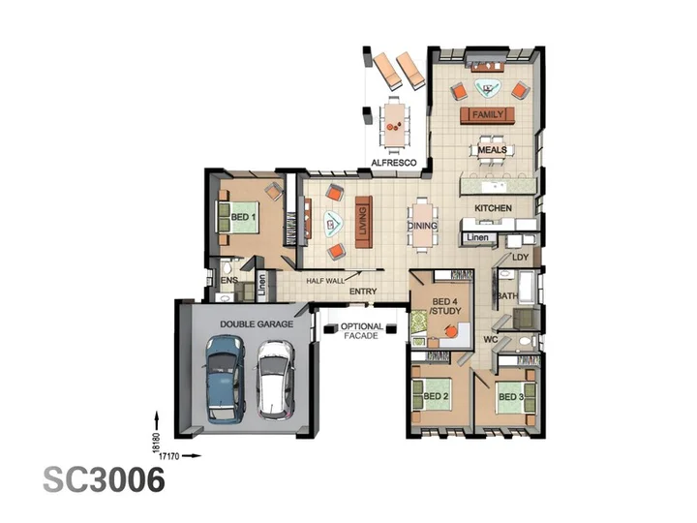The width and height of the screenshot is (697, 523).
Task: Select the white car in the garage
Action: pyautogui.click(x=275, y=381)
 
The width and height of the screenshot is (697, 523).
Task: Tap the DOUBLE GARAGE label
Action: pyautogui.click(x=257, y=324)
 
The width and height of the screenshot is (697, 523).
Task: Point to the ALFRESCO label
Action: pyautogui.click(x=394, y=163)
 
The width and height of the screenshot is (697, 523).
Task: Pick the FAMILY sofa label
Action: pyautogui.click(x=488, y=114)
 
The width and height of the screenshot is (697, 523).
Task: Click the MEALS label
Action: pyautogui.click(x=492, y=150)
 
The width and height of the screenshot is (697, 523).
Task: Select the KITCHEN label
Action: pyautogui.click(x=493, y=208)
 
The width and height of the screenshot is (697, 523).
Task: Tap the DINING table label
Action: pyautogui.click(x=422, y=226)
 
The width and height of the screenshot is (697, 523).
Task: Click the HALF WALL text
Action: pyautogui.click(x=325, y=281)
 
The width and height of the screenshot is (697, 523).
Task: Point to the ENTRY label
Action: pyautogui.click(x=363, y=292)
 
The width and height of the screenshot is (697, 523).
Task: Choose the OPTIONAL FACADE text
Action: pyautogui.click(x=361, y=331)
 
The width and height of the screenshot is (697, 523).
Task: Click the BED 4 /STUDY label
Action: pyautogui.click(x=445, y=306)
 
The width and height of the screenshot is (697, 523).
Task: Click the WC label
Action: pyautogui.click(x=490, y=340)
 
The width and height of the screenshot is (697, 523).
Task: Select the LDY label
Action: pyautogui.click(x=521, y=257)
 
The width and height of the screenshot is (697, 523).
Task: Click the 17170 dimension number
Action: pyautogui.click(x=168, y=456)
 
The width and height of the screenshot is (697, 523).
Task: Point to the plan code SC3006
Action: pyautogui.click(x=104, y=479)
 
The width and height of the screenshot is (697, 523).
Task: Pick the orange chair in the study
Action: pyautogui.click(x=452, y=331)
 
